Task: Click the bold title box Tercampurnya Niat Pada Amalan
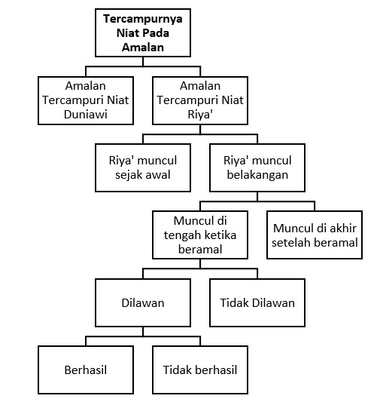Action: click(143, 32)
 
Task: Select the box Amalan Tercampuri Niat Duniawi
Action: click(86, 100)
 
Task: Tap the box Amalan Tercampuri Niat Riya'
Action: click(200, 100)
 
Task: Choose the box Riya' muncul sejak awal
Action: click(143, 167)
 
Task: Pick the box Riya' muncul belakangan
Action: click(257, 167)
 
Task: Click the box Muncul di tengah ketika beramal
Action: click(200, 235)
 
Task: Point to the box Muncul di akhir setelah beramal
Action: click(315, 235)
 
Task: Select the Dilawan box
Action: click(143, 302)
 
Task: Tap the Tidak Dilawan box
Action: click(257, 302)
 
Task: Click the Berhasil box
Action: click(86, 370)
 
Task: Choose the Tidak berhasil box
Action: click(200, 370)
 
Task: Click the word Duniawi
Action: click(86, 115)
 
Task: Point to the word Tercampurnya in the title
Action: click(143, 20)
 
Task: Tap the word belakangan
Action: click(257, 175)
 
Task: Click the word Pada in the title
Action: click(156, 33)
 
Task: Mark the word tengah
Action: click(184, 236)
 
